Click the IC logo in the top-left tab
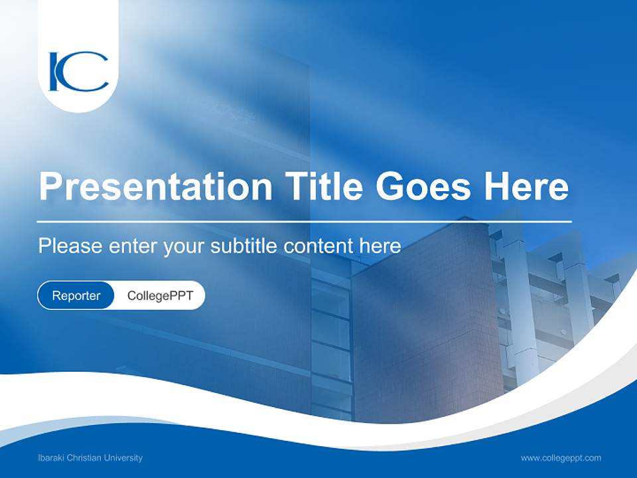78,72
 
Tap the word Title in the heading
324,187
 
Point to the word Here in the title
526,187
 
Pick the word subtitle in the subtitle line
246,246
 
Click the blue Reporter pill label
76,295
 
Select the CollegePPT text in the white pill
160,295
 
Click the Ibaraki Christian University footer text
90,457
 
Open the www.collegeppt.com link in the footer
561,457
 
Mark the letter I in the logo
54,72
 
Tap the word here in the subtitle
380,246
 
